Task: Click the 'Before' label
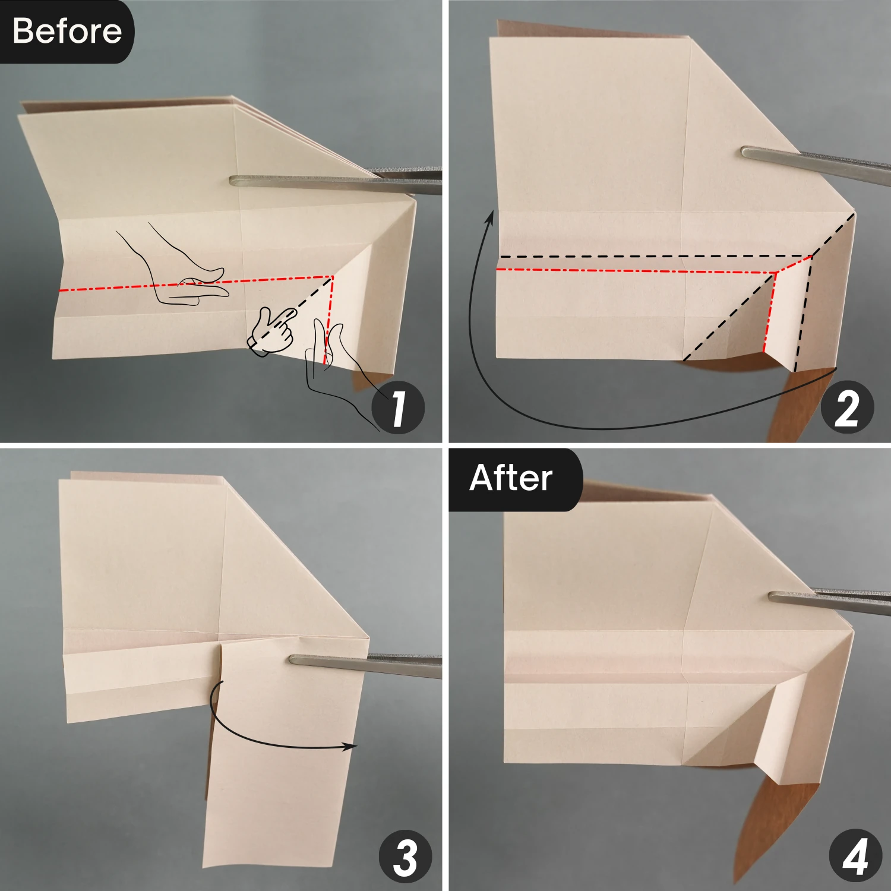67,31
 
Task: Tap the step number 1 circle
398,408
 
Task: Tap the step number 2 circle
847,408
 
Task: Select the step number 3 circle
405,857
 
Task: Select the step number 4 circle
855,856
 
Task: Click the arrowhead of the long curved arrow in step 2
490,217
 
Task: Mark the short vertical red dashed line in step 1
328,321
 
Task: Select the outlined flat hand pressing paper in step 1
178,273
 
